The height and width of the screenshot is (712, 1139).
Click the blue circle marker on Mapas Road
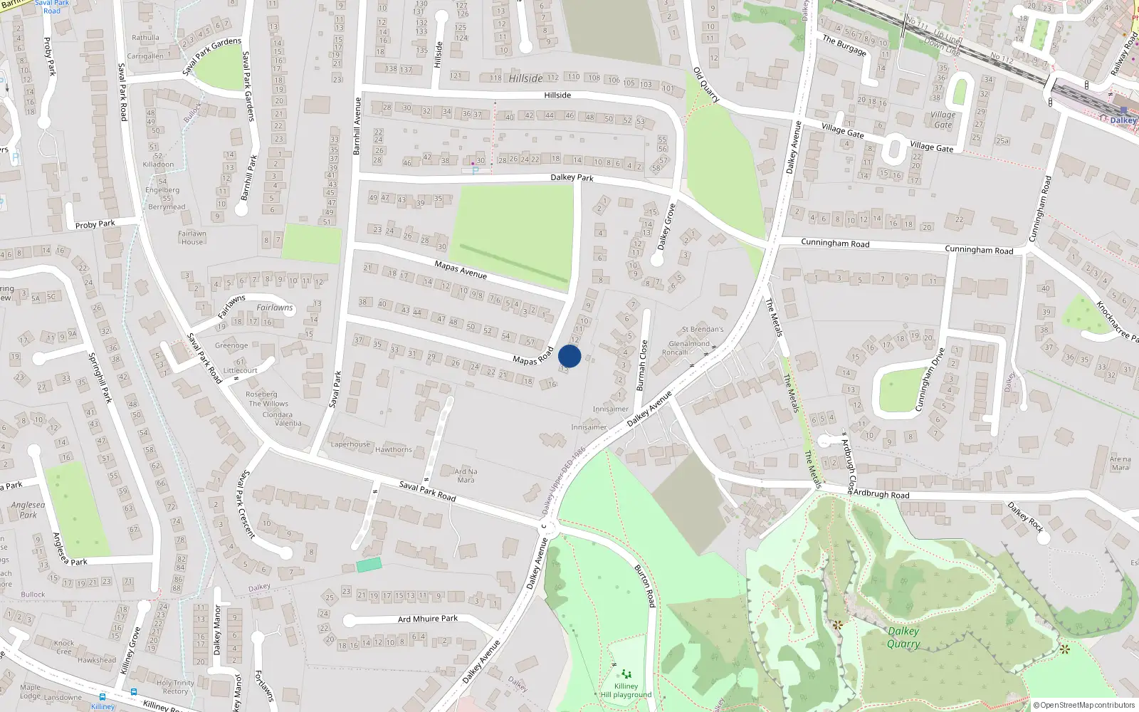[569, 356]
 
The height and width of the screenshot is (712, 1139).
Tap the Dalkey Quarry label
[903, 637]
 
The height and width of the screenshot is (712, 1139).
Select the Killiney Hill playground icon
[626, 674]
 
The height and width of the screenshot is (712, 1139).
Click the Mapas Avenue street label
[461, 270]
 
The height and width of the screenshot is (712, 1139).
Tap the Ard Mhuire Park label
[427, 619]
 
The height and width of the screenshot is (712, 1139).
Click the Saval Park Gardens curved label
[211, 56]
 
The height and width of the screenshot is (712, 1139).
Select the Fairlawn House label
[191, 238]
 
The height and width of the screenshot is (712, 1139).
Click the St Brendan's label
[702, 330]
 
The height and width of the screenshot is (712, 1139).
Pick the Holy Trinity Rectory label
[175, 687]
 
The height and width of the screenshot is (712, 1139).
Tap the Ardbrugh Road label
[881, 494]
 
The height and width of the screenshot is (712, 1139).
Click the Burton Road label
[644, 585]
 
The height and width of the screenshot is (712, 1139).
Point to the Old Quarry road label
[706, 85]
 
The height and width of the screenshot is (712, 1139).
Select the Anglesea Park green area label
[28, 510]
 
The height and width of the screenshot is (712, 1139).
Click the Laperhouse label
[350, 444]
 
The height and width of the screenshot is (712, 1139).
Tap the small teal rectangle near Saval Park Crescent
[369, 565]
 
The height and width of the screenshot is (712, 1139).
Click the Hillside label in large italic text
[525, 78]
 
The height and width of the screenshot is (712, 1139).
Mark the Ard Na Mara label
[466, 476]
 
